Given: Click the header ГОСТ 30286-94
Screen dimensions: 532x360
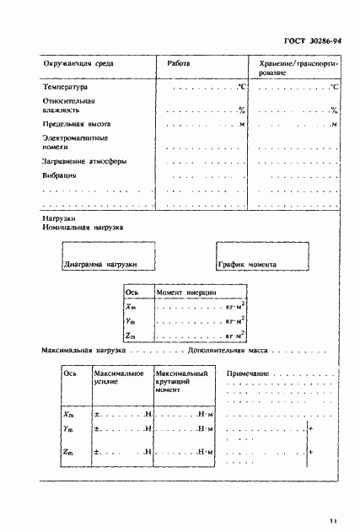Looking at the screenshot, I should point(312,40).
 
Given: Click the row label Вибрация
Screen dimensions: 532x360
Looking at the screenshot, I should point(59,175).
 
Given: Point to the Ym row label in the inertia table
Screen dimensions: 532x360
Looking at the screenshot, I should point(131,321).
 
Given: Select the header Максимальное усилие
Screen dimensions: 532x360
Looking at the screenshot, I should point(118,377).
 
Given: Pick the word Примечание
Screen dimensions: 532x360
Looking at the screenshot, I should point(248,373).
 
